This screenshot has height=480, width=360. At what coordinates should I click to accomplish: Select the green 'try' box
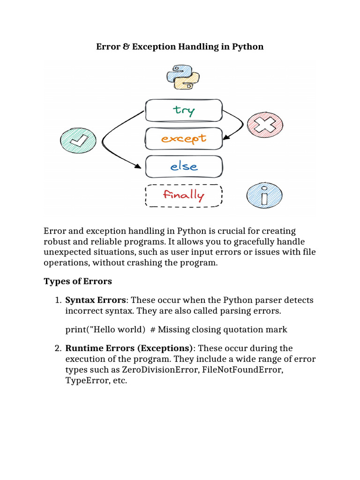coord(184,110)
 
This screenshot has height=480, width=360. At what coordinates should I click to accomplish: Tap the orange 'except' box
coord(184,138)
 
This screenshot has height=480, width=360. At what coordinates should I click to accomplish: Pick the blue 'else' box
coord(184,166)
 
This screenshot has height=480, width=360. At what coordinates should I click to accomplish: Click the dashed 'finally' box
coord(184,195)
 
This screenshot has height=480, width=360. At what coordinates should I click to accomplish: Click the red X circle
coord(265,125)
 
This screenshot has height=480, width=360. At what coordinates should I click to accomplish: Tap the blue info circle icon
coord(264,196)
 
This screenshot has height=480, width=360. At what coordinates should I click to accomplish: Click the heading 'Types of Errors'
coord(77,281)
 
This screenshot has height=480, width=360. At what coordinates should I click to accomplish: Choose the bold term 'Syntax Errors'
coord(95,300)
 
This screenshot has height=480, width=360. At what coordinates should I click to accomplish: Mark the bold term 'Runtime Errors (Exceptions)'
coord(129,348)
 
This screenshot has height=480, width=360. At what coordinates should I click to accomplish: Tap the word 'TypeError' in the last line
coord(86,381)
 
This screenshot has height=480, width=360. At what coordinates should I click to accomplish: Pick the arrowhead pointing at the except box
coord(226,138)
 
